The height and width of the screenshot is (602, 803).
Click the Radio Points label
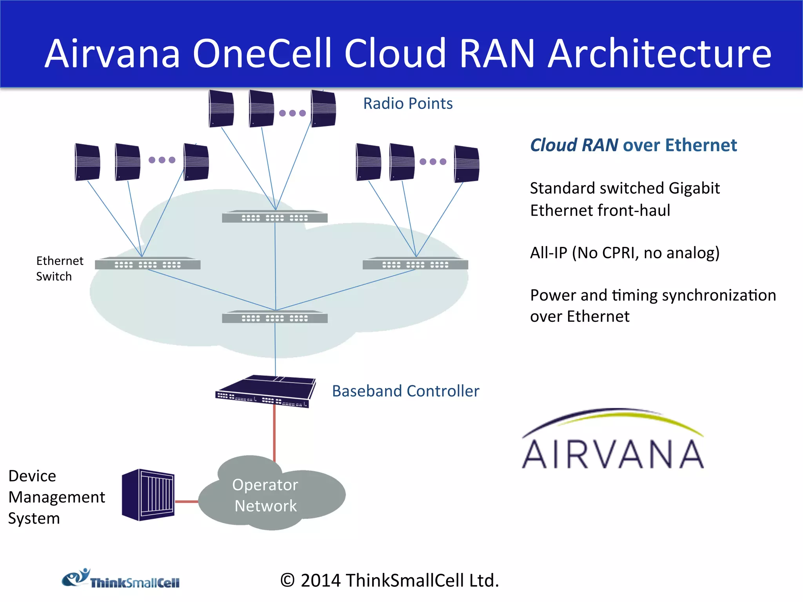(408, 103)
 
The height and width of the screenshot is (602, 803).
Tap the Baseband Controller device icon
(265, 392)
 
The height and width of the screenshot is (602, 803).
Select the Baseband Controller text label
(405, 391)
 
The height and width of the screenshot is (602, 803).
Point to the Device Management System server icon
(148, 495)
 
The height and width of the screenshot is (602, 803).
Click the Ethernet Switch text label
(60, 268)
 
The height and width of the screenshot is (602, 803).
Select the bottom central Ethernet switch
(274, 317)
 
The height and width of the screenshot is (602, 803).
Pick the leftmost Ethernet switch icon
(147, 263)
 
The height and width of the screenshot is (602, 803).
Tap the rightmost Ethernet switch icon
(415, 263)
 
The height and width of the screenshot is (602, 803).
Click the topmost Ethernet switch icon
(274, 217)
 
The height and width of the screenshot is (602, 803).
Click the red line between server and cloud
(187, 501)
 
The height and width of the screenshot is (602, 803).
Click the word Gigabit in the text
(694, 189)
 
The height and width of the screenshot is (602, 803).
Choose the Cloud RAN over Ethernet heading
(633, 145)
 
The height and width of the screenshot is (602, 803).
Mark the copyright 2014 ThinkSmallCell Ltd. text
(390, 580)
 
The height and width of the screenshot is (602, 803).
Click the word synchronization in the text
(714, 295)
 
